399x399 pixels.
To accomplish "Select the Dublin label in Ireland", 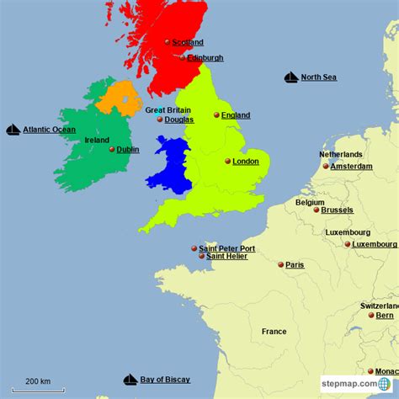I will click(128, 150).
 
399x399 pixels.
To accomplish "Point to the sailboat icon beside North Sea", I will click(290, 77).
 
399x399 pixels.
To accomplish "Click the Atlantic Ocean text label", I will click(49, 130).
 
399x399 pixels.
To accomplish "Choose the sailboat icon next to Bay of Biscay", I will click(130, 380).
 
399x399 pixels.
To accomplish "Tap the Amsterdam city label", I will click(351, 167).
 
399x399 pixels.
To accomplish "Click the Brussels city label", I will click(337, 210).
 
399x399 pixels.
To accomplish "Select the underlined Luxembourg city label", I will click(375, 244).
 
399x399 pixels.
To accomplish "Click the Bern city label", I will click(384, 316).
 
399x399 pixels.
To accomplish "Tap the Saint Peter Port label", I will click(226, 248).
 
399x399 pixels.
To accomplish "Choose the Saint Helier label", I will click(226, 256).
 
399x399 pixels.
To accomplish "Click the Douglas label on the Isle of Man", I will click(178, 120).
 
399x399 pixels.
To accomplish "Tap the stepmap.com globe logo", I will click(384, 384).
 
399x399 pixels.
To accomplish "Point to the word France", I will click(274, 332).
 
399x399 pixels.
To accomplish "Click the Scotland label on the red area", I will click(188, 41).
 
